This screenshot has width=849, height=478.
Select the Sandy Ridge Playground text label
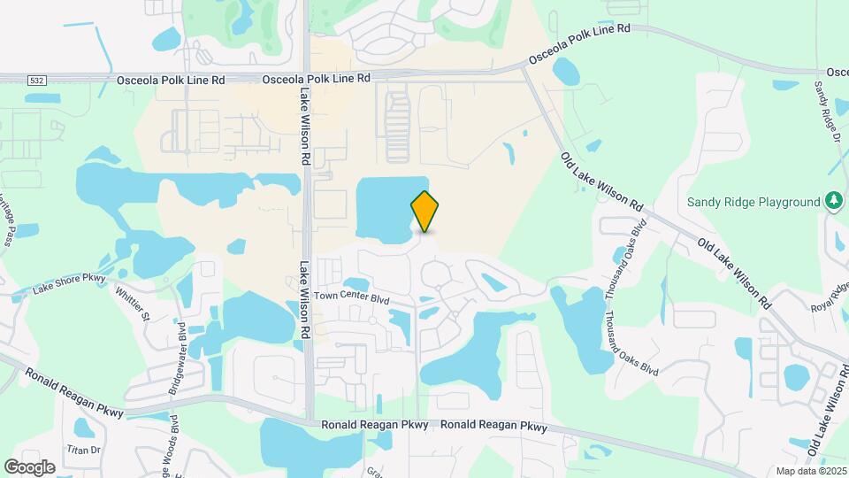tap(754, 202)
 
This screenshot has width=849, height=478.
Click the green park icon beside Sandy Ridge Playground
tap(833, 202)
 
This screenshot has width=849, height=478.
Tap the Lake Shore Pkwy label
tap(70, 283)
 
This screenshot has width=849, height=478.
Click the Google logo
tap(29, 466)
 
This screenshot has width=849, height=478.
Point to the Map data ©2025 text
tap(811, 471)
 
